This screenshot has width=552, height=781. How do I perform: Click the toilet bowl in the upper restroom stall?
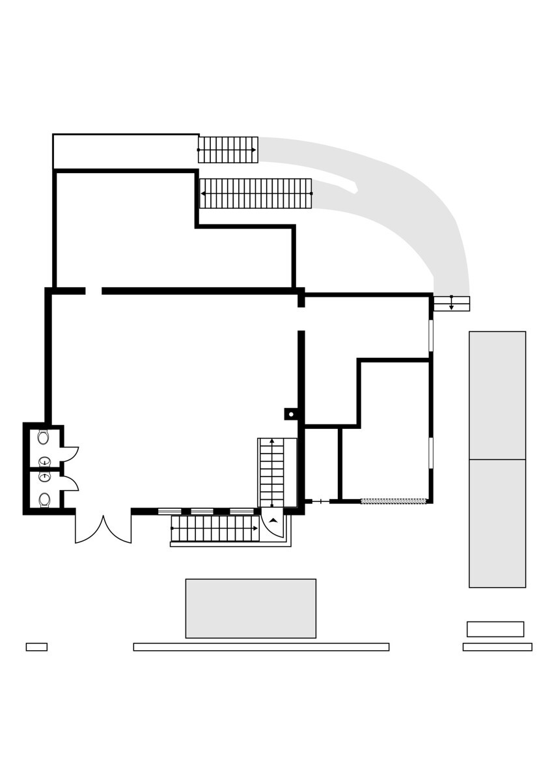43,437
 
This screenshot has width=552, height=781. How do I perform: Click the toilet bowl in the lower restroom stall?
44,499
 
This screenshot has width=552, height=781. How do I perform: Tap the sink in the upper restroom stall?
44,461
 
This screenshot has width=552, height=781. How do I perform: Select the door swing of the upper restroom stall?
70,454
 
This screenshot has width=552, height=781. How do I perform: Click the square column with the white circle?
291,414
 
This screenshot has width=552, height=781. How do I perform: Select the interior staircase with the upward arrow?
272,473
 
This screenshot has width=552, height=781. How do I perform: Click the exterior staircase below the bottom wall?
215,528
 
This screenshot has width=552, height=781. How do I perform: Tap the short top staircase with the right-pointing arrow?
228,150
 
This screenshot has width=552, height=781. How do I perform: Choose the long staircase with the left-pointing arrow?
255,193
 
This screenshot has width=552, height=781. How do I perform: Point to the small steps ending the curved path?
451,304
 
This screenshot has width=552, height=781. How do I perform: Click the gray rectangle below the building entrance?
251,609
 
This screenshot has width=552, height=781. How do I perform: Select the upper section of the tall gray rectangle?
497,395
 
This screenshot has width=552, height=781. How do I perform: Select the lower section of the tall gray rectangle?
497,523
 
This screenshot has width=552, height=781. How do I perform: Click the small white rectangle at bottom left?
36,647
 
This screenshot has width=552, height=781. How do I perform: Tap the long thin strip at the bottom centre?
261,647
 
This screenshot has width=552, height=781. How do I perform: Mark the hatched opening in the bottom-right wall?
393,501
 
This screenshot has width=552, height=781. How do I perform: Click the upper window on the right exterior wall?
430,335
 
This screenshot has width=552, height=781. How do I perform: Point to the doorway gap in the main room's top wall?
93,291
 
